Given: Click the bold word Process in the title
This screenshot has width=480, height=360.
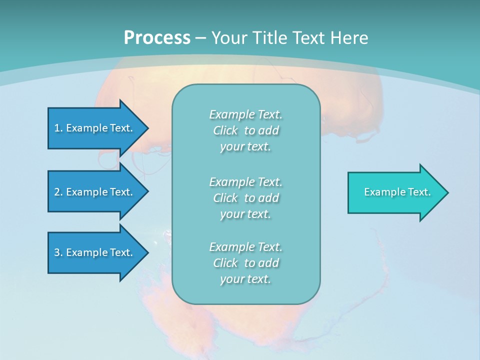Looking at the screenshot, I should [x=157, y=38].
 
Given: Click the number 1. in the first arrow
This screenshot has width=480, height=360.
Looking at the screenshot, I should [x=58, y=128].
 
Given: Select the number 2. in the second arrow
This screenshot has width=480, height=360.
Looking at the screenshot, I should [x=58, y=192].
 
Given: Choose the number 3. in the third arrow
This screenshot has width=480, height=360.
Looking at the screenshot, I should [x=58, y=252].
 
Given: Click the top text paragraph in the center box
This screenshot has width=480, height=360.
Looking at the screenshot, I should [x=245, y=130].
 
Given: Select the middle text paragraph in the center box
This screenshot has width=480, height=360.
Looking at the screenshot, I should [x=245, y=198].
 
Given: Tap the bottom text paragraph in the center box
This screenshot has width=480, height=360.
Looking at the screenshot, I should [x=245, y=263].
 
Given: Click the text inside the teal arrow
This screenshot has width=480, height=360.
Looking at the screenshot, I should [x=397, y=192].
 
